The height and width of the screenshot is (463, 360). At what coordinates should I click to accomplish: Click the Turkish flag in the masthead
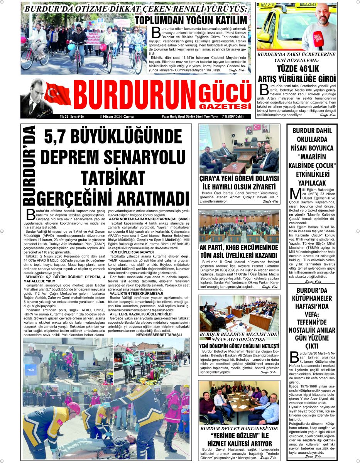click(x=58, y=94)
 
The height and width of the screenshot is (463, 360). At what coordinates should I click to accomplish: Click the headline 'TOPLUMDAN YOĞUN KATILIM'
click(x=191, y=20)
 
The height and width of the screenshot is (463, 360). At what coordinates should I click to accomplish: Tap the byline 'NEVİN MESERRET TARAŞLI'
click(x=159, y=335)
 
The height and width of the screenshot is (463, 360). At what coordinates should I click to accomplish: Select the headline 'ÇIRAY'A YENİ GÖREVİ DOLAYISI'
click(x=239, y=179)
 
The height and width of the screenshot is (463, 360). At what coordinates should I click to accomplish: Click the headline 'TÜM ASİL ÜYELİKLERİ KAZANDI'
click(x=239, y=255)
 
